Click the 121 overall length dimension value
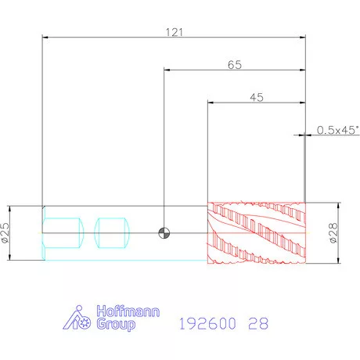click(x=175, y=32)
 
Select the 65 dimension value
click(x=235, y=65)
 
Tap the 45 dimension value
click(x=257, y=98)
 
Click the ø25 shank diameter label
click(x=5, y=232)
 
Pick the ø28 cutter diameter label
click(x=333, y=233)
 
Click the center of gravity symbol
click(x=164, y=233)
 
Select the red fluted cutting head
click(x=257, y=232)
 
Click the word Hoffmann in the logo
click(x=128, y=311)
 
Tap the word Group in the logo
click(x=116, y=324)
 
